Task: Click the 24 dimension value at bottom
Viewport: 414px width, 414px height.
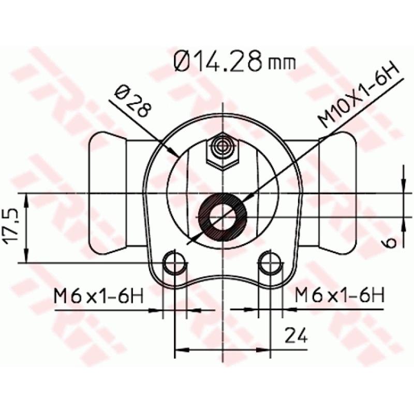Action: tap(296, 336)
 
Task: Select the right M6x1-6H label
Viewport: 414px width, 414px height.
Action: tap(339, 297)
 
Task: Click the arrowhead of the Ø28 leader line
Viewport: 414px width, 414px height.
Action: tap(176, 153)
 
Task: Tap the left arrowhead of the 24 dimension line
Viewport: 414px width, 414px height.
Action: tap(179, 350)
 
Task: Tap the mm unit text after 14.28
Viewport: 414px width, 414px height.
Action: tap(283, 64)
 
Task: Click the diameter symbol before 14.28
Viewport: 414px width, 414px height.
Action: tap(184, 62)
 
